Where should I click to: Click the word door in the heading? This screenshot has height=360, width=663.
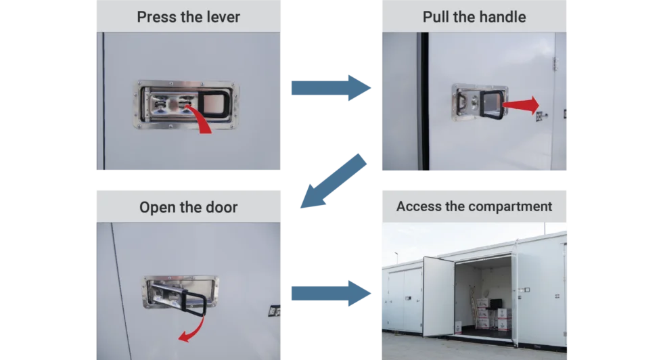click(222, 207)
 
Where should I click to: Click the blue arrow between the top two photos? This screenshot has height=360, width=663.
click(331, 88)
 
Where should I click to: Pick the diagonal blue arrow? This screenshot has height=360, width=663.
click(333, 181)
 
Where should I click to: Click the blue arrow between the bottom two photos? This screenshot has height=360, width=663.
click(331, 293)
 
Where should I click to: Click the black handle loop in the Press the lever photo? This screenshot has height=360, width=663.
click(214, 104)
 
